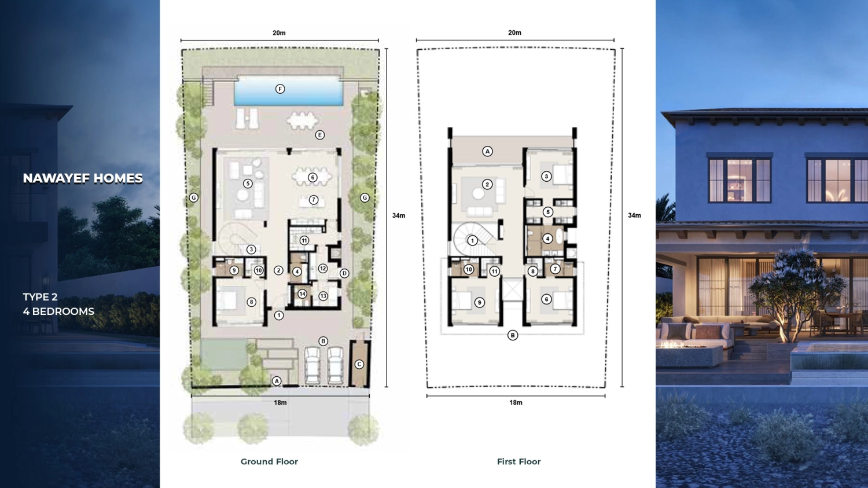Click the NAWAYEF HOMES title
[83, 178]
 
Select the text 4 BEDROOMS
[58, 311]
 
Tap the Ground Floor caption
[269, 461]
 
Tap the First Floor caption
[518, 461]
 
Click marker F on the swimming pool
[280, 89]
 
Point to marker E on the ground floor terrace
[319, 135]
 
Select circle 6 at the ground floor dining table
[312, 178]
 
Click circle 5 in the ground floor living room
[248, 184]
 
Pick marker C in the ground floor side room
[359, 364]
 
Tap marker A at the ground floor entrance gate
[277, 381]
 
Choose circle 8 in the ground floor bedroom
[251, 302]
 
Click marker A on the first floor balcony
[487, 152]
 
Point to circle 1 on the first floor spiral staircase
[472, 240]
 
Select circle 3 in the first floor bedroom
[546, 177]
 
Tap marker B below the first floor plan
[512, 335]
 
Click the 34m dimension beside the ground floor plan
[399, 215]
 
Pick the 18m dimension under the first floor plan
[516, 402]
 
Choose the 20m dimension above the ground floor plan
[279, 33]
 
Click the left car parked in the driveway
[312, 365]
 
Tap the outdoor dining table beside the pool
[301, 120]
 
